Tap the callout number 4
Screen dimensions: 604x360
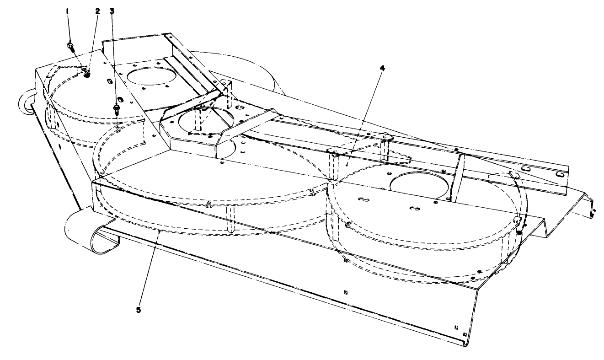click(x=383, y=68)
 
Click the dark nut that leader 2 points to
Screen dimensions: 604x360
click(x=86, y=73)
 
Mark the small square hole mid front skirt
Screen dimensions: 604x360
click(x=345, y=291)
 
